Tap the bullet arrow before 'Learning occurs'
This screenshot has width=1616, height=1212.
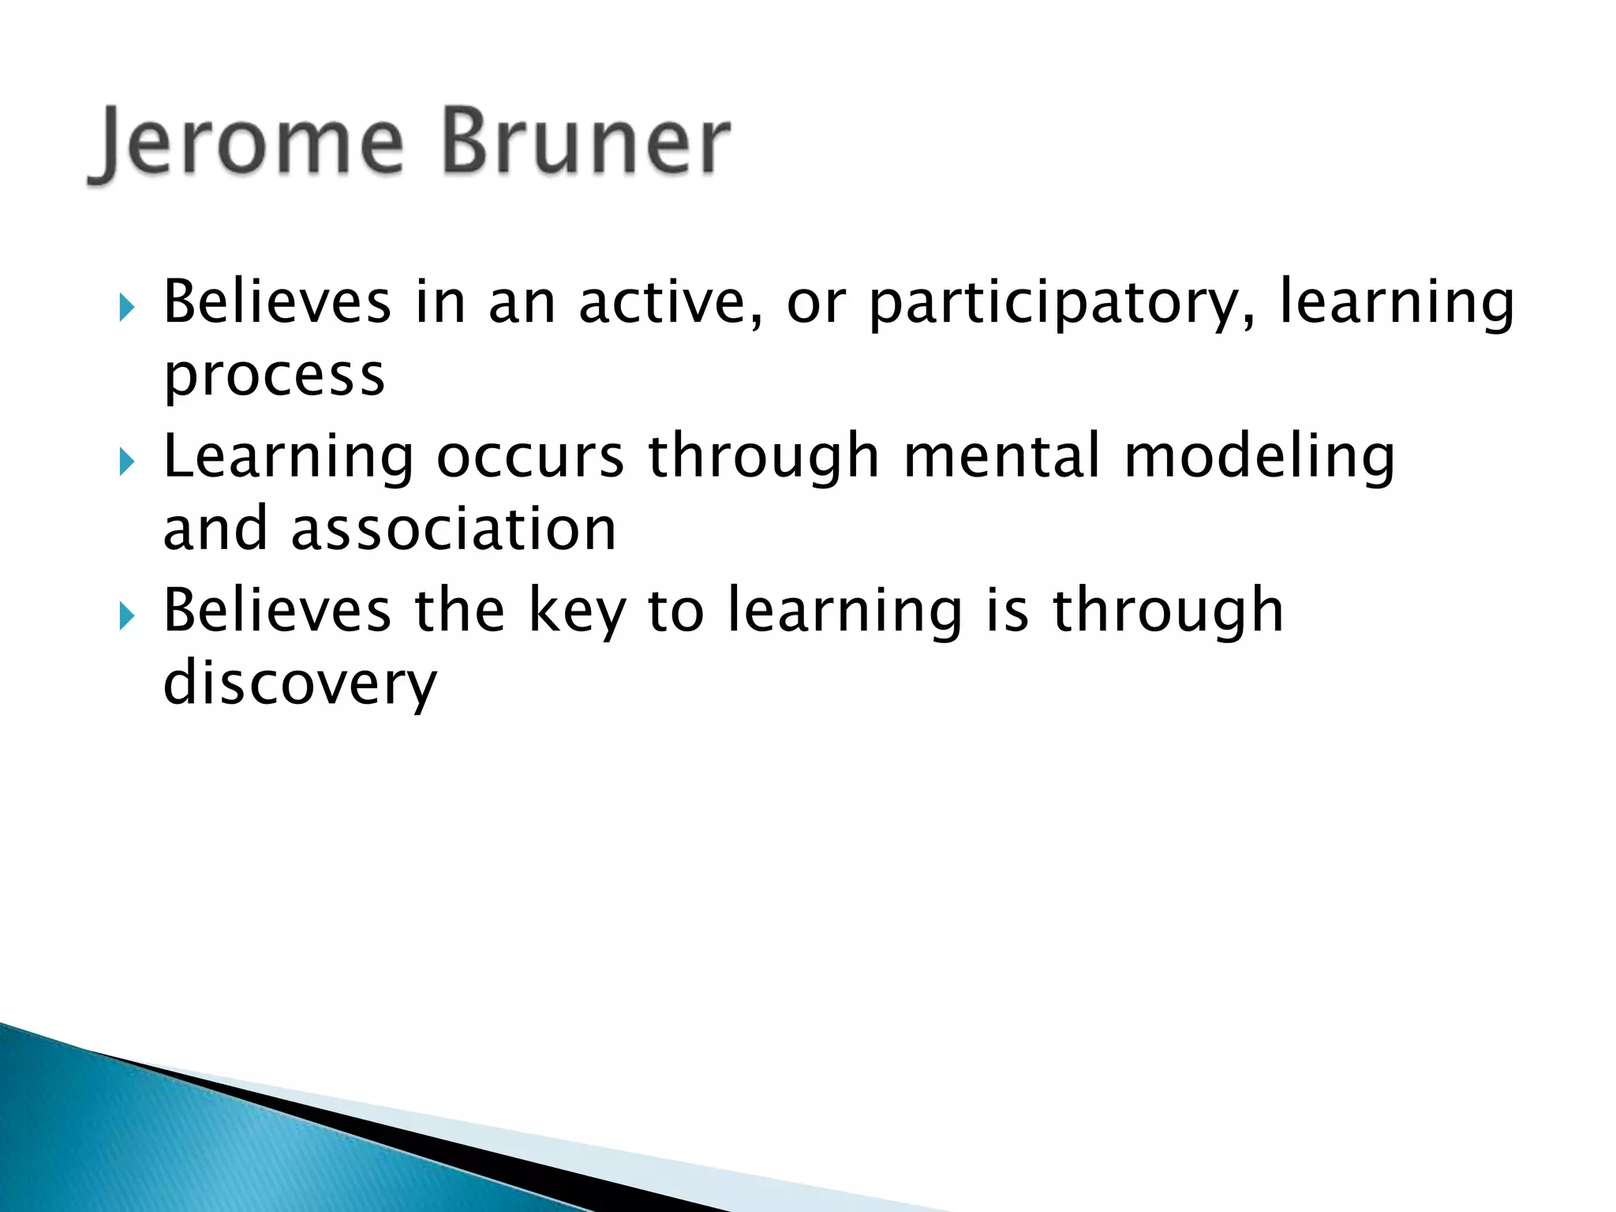coord(127,462)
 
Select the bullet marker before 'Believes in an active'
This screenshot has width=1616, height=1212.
coord(127,308)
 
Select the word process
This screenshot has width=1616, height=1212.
coord(274,376)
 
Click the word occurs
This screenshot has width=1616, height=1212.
coord(530,458)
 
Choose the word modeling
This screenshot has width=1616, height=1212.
coord(1259,458)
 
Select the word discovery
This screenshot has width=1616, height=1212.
coord(299,684)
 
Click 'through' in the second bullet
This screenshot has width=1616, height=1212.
coord(763,458)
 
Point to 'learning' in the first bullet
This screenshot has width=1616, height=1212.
coord(1396,304)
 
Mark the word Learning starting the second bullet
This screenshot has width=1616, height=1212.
coord(288,458)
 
